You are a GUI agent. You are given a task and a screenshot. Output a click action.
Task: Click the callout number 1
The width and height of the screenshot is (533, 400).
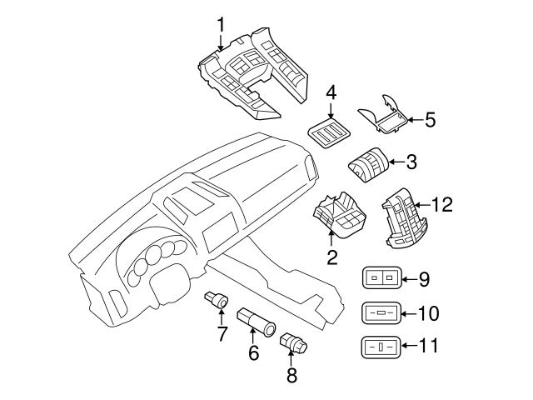221,24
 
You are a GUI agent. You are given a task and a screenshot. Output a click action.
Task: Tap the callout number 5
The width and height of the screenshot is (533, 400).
430,120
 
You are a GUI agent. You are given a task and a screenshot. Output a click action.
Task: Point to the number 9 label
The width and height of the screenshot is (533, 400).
423,279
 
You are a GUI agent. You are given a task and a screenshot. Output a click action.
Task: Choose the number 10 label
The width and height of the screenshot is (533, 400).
426,314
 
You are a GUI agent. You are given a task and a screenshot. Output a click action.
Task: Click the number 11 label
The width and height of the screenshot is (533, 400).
426,346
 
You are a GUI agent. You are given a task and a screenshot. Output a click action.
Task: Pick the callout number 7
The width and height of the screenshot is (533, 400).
222,335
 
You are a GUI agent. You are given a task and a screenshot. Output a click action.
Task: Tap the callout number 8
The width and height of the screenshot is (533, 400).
291,376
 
